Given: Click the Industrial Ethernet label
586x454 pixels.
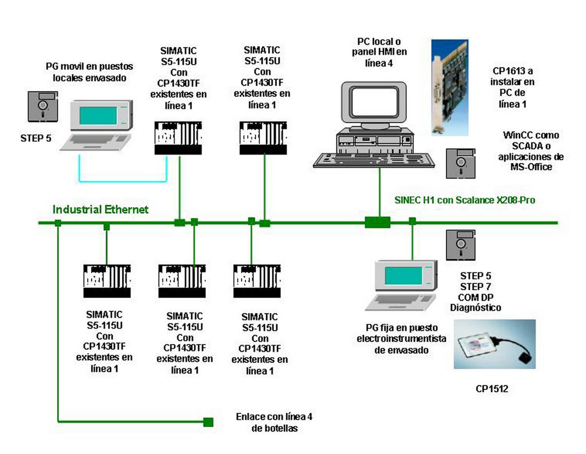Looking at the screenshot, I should tap(100, 210).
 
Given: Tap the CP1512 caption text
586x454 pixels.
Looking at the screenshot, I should tap(492, 389).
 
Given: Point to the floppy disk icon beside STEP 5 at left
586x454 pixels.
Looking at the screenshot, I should tap(43, 108).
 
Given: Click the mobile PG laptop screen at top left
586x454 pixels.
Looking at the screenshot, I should tap(98, 115).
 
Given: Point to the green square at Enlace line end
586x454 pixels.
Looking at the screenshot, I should tap(208, 423).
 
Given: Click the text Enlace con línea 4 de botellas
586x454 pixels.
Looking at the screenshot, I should tap(274, 423).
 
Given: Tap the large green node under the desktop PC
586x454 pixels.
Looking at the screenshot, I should tap(377, 222).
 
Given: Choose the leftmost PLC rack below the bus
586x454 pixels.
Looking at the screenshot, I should tap(107, 281).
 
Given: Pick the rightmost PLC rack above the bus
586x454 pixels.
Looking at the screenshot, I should tap(263, 138).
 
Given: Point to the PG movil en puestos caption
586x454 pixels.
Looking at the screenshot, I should tap(89, 72).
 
